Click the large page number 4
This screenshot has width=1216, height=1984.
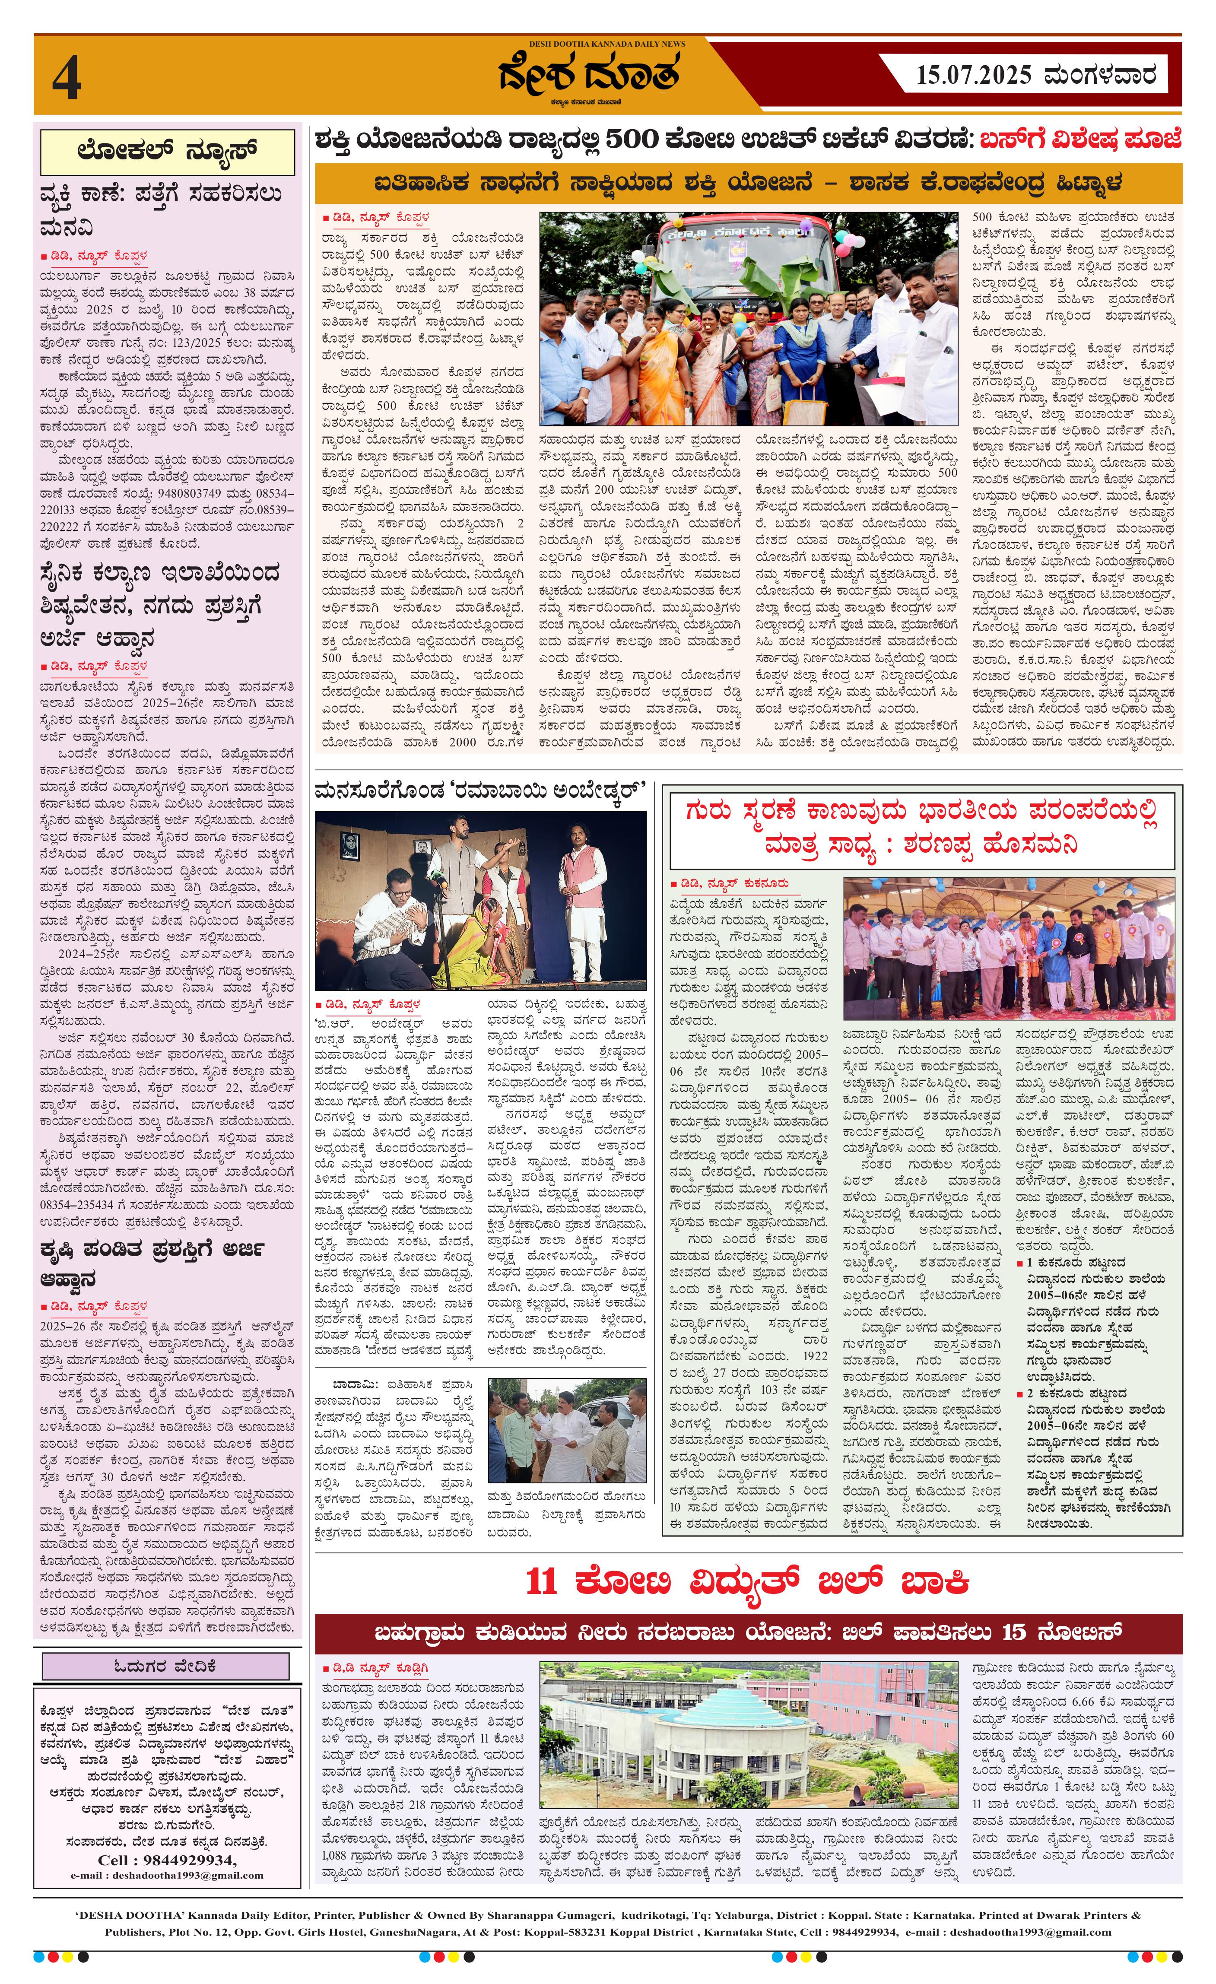click(x=67, y=80)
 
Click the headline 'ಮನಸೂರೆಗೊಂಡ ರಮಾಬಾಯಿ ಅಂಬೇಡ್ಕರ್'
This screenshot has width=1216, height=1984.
click(x=481, y=790)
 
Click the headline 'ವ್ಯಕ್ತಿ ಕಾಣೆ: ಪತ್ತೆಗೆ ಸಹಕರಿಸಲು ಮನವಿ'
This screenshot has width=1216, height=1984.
click(x=161, y=210)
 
